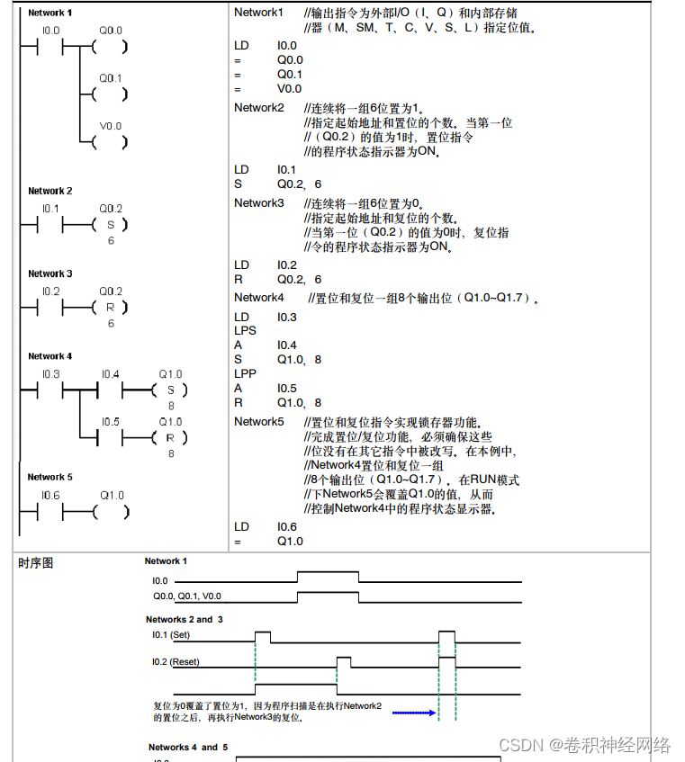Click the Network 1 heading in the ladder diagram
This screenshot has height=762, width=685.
50,13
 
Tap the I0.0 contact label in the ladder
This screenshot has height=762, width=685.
50,30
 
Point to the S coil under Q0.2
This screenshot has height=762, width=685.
111,225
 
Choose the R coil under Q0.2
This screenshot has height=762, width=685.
111,308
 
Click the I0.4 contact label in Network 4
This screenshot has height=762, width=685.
110,374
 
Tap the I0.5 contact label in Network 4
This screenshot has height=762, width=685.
110,421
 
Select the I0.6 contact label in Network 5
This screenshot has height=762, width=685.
50,496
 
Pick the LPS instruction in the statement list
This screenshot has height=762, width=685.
245,331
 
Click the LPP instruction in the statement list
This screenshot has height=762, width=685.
245,373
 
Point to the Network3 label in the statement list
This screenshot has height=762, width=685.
259,203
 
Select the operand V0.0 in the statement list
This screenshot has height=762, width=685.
289,89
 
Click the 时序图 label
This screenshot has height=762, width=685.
36,563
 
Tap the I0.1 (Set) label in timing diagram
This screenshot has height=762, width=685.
171,635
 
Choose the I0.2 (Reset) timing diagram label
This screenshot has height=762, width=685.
176,662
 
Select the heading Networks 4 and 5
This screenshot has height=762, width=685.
188,747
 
